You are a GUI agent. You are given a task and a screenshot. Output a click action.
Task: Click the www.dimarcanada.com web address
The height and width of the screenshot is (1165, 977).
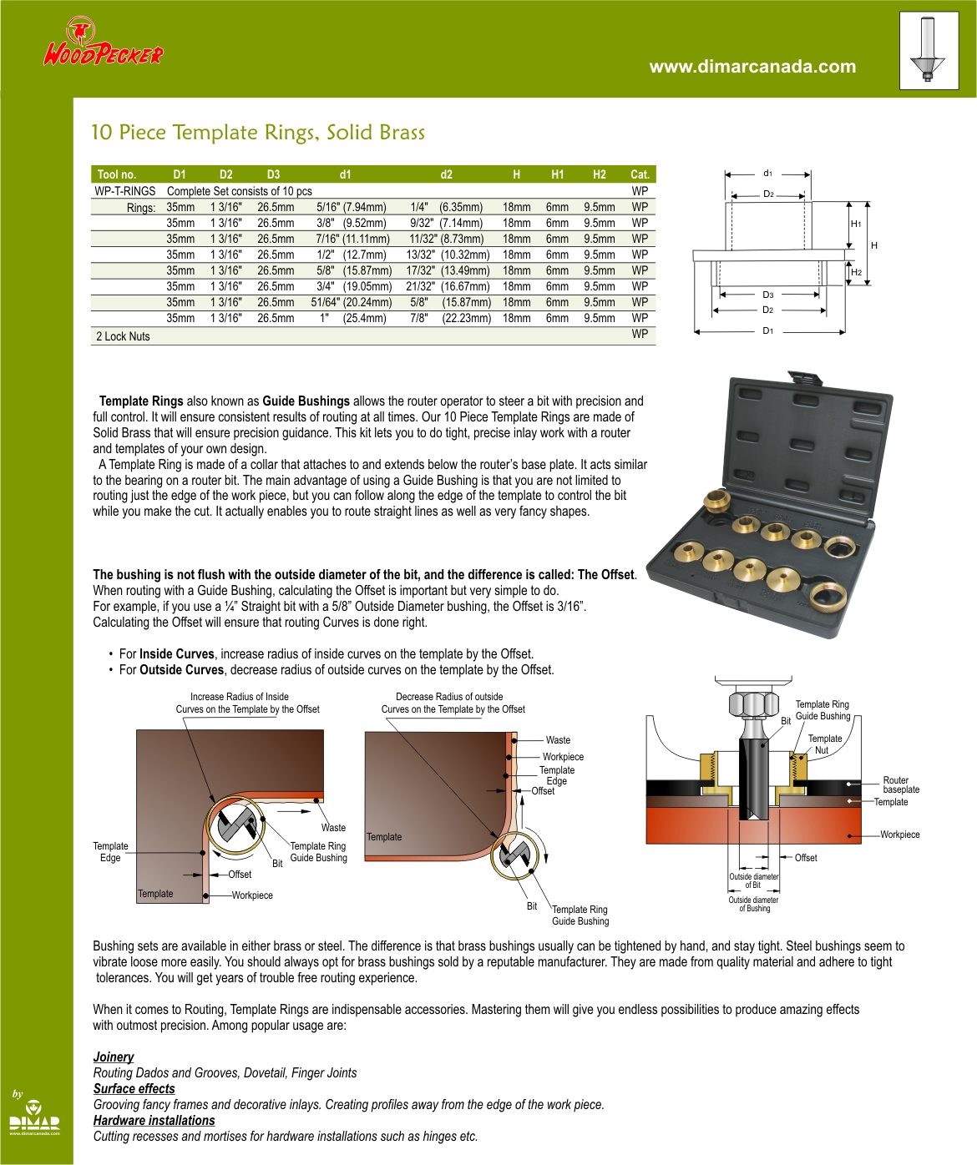752,67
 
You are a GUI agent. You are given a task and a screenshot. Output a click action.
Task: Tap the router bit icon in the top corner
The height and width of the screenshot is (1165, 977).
928,50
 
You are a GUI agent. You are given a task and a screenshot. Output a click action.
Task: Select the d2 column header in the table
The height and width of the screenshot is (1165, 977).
446,174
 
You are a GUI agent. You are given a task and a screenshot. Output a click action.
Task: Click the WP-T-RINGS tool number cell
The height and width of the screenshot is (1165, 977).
125,191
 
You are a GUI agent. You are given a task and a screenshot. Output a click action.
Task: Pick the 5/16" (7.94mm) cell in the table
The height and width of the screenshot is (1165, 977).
351,207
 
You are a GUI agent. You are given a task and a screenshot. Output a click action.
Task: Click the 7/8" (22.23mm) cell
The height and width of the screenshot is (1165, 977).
449,318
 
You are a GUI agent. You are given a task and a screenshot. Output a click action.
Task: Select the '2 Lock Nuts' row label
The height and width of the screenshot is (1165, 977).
123,336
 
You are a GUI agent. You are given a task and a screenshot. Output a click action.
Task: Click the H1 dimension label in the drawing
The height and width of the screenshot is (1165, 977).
856,224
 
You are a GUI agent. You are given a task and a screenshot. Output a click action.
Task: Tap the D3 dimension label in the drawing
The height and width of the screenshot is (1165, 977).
767,295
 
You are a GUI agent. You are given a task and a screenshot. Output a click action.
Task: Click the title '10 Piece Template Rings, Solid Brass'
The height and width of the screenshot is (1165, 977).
257,133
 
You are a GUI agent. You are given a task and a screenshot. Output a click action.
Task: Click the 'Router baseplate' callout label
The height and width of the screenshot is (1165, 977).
901,784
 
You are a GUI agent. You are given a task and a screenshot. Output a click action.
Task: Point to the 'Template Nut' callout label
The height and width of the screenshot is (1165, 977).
824,744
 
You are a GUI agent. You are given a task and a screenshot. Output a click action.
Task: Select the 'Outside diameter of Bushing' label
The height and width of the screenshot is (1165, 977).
753,905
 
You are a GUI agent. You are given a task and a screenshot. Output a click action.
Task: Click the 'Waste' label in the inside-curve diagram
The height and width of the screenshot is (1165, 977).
333,828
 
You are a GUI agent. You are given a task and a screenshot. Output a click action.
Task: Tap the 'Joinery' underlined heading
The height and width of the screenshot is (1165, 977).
114,1057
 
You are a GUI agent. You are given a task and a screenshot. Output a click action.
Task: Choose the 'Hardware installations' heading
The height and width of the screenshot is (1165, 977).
154,1121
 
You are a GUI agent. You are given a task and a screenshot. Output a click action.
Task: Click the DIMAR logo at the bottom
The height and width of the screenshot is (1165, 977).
34,1118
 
